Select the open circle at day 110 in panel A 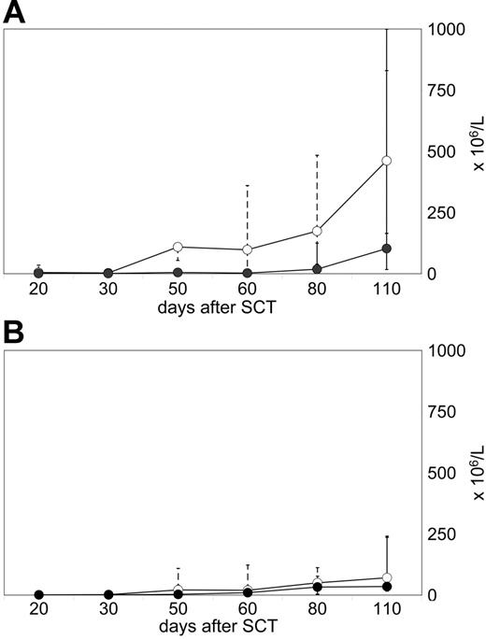[386, 161]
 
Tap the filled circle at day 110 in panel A [386, 249]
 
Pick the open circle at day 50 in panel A [178, 247]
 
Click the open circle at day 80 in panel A [317, 231]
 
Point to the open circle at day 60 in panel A [247, 249]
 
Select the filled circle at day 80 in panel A [317, 269]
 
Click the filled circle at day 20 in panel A [38, 273]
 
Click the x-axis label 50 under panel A [178, 292]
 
